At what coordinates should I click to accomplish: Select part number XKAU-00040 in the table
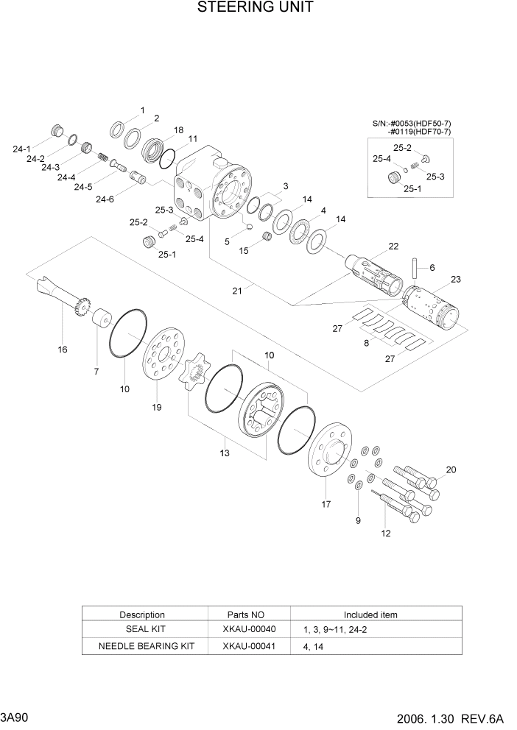click(248, 630)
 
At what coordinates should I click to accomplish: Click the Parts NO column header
click(248, 614)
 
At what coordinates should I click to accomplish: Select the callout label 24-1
click(22, 149)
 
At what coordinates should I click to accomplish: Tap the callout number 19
click(156, 407)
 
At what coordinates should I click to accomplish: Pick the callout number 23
click(455, 279)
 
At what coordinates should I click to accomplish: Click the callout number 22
click(393, 246)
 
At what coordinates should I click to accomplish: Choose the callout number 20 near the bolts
click(451, 469)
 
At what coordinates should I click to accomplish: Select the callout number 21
click(237, 291)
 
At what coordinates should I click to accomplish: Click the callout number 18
click(178, 130)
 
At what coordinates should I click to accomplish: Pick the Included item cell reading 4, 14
click(313, 647)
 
